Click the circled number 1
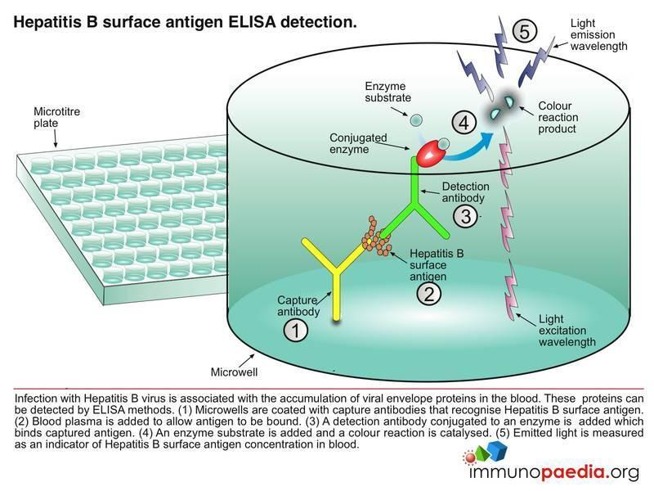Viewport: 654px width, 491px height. coord(296,331)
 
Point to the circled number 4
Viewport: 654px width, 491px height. coord(464,124)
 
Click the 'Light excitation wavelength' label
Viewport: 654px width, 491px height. coord(562,331)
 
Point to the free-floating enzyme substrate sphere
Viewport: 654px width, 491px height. coord(415,120)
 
